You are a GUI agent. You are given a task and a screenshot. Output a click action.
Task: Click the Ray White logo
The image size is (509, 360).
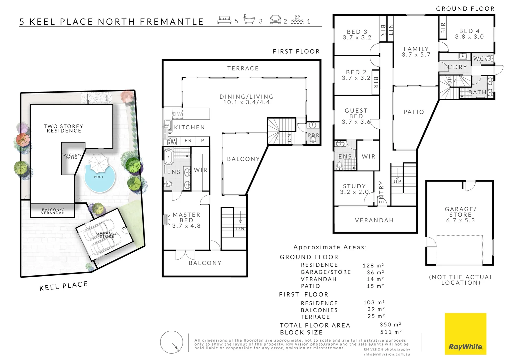(465, 334)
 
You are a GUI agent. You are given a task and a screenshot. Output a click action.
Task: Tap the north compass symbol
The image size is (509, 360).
(172, 342)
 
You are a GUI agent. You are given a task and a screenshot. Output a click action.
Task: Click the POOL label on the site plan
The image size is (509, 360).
(99, 177)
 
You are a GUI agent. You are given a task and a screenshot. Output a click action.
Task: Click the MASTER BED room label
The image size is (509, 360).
(186, 220)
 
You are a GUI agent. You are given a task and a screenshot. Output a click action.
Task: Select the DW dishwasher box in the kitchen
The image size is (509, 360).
(177, 114)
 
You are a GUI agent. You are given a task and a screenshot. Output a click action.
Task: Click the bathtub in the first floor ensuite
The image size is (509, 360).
(169, 157)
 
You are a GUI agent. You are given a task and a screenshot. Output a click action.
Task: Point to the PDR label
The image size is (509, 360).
(313, 135)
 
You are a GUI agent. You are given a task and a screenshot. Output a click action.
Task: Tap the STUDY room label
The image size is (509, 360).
(354, 189)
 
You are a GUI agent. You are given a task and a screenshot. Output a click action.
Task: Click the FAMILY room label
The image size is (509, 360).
(416, 52)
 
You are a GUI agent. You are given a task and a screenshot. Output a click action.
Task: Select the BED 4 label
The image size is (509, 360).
(469, 34)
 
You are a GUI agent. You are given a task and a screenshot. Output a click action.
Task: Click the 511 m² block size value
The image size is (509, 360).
(391, 332)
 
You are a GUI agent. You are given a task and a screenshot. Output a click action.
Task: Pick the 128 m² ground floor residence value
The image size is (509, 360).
(373, 266)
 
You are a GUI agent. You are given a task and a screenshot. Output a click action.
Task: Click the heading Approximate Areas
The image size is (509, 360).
(330, 247)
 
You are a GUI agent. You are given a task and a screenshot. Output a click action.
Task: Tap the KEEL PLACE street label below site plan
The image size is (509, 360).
(63, 286)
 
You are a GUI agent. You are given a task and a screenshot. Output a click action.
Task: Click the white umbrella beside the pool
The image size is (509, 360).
(99, 162)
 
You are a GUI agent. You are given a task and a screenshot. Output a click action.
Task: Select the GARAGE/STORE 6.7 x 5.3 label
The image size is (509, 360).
(460, 215)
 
